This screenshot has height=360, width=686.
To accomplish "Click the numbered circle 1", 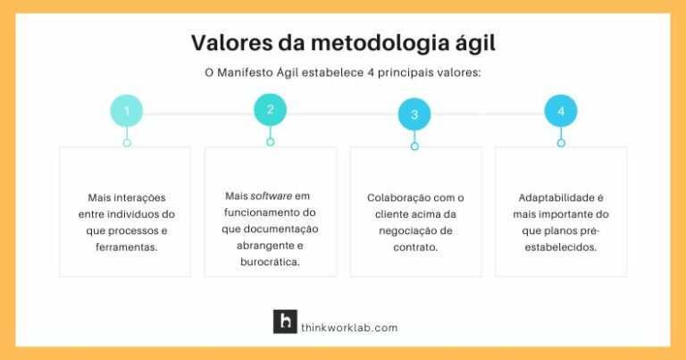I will pyautogui.click(x=127, y=112).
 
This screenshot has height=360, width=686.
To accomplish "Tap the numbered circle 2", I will pyautogui.click(x=270, y=110).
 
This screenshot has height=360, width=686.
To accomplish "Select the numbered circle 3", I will pyautogui.click(x=414, y=114).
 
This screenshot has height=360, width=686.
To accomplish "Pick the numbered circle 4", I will pyautogui.click(x=561, y=111).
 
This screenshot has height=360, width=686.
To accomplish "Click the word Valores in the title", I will pyautogui.click(x=229, y=43).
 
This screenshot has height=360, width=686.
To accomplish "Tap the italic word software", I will pyautogui.click(x=271, y=196).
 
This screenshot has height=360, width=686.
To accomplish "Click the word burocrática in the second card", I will pyautogui.click(x=270, y=262).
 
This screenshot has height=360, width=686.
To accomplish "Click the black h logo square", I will pyautogui.click(x=285, y=322).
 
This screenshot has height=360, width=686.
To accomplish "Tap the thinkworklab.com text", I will pyautogui.click(x=349, y=328).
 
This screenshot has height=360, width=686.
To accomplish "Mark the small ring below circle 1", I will pyautogui.click(x=127, y=143).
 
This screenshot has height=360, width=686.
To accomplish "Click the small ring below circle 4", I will pyautogui.click(x=561, y=143).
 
